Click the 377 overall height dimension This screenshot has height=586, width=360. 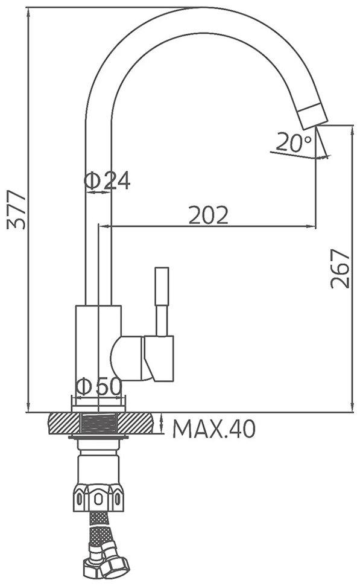pos(17,209)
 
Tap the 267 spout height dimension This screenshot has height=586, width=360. pos(341,269)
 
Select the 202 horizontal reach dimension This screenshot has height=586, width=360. pos(209,215)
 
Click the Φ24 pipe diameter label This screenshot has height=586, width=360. pos(107,180)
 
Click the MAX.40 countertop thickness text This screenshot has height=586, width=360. pos(214,428)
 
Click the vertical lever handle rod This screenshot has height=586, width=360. pos(162,301)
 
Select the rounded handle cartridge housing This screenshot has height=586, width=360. pos(127,358)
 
